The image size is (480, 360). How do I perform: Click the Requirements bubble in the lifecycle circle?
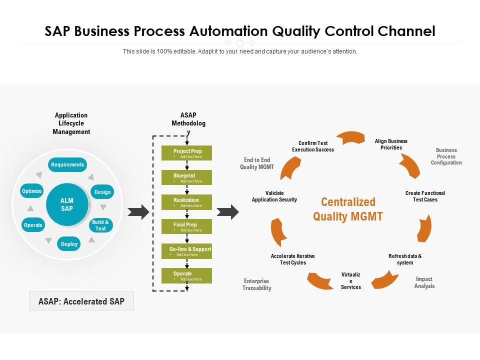tap(67, 164)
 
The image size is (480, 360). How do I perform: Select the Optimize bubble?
tap(32, 191)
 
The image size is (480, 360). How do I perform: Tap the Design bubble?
tap(102, 192)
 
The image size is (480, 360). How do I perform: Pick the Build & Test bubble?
tap(100, 225)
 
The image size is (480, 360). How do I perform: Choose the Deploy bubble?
tap(69, 244)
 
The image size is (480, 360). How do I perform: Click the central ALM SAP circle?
tap(67, 204)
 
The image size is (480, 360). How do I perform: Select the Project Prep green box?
tap(186, 153)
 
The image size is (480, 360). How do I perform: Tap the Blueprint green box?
tap(186, 177)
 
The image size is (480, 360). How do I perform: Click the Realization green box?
tap(186, 202)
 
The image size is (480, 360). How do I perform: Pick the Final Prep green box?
tap(186, 226)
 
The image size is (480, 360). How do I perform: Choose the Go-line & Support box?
tap(186, 251)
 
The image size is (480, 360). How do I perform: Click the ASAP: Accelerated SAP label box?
tap(81, 301)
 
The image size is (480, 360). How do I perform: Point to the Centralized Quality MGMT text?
tap(348, 209)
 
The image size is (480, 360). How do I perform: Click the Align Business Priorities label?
tap(391, 144)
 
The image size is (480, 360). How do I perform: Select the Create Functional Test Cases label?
tap(425, 196)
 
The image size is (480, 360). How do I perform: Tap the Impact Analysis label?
tap(424, 282)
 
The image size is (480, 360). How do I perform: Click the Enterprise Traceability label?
tap(257, 284)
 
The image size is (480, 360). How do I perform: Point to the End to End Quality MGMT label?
tap(257, 163)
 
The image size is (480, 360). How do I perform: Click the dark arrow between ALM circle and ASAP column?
tap(138, 212)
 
